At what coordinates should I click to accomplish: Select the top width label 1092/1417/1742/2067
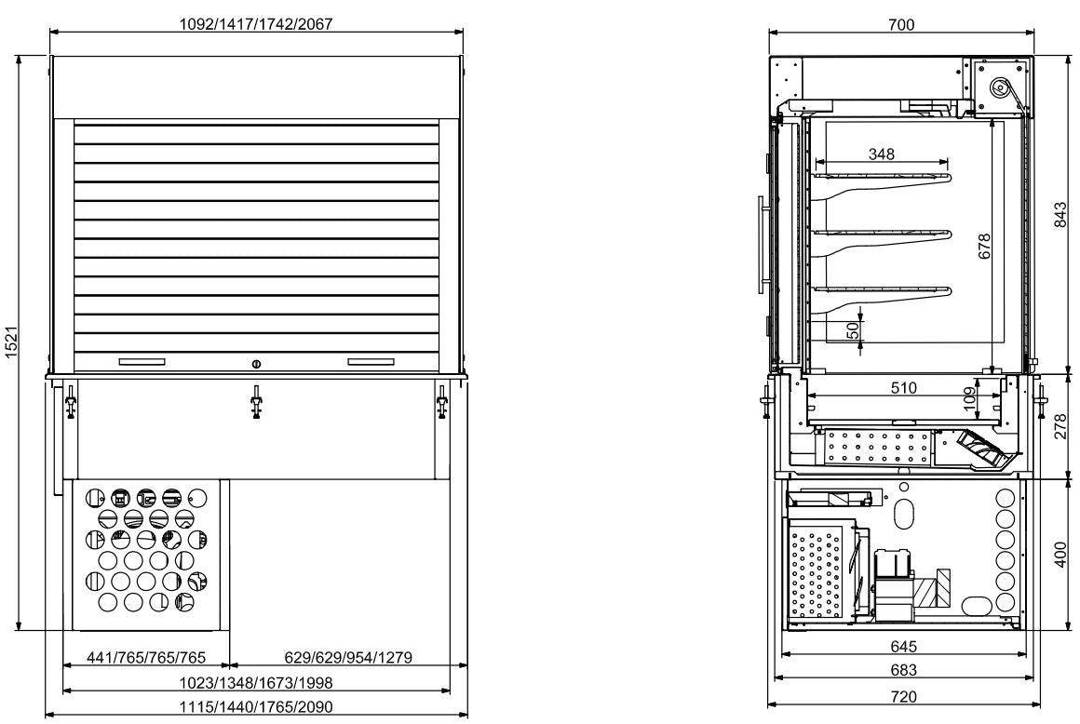tap(256, 25)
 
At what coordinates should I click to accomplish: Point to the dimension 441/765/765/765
tap(146, 658)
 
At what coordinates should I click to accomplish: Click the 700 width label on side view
tap(901, 25)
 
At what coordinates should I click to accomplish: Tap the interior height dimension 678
tap(985, 246)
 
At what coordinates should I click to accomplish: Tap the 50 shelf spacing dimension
tap(851, 330)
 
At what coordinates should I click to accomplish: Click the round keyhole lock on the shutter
tap(257, 362)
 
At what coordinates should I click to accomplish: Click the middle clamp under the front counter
tap(256, 404)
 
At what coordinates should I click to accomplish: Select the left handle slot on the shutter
tap(142, 361)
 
